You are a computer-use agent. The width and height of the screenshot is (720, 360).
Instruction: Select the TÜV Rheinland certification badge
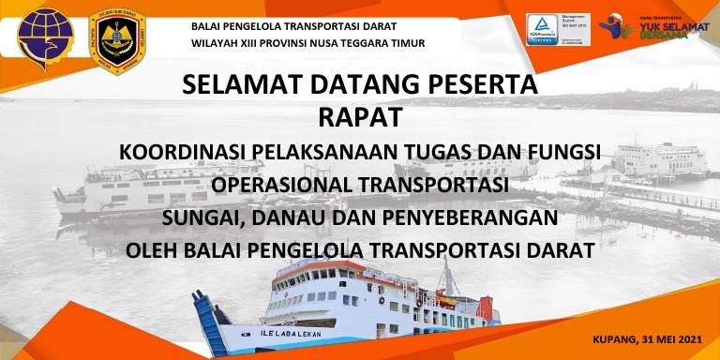543,27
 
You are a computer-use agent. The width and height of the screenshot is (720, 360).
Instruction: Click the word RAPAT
360,118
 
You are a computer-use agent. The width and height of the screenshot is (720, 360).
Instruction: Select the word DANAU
304,218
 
